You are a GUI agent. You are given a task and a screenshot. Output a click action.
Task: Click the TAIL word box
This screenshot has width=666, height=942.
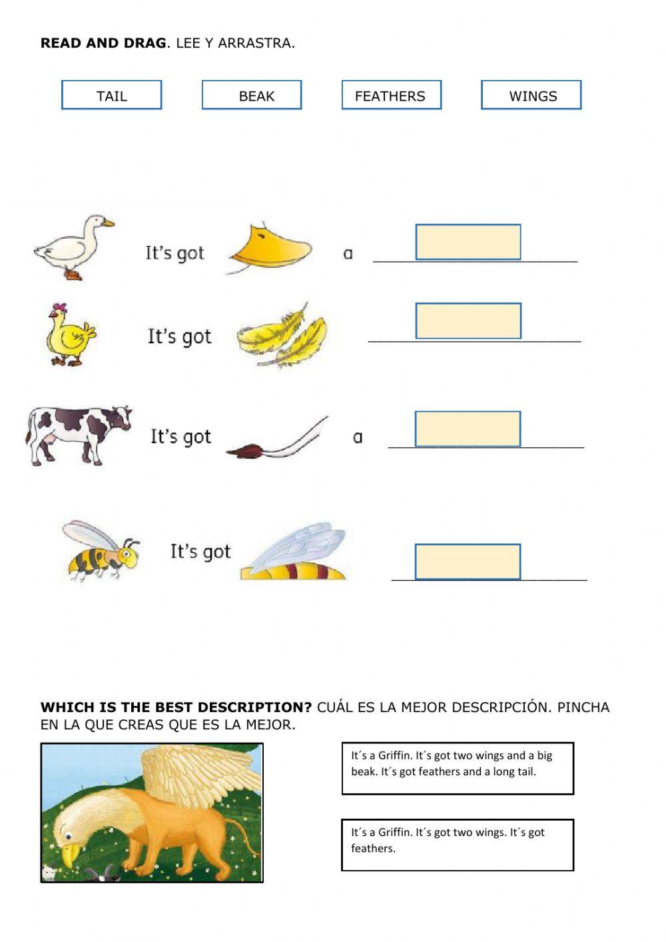tap(112, 95)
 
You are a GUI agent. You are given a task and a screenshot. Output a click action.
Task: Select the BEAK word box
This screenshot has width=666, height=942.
tap(252, 95)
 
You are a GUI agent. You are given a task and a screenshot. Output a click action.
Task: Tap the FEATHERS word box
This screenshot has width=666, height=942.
tap(391, 95)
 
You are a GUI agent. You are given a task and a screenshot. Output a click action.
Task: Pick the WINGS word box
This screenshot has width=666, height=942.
tap(531, 95)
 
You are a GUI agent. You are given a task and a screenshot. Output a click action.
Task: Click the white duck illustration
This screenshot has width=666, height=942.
tap(74, 247)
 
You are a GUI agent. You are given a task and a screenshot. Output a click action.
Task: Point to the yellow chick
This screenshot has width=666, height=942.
tap(71, 335)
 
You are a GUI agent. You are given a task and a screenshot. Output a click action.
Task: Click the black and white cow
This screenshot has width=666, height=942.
tap(79, 433)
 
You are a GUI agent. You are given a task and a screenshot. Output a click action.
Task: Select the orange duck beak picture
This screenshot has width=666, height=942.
tap(270, 248)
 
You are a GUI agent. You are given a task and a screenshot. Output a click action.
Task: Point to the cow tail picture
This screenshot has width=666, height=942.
tap(276, 440)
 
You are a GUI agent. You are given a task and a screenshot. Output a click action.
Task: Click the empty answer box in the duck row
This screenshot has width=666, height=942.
tap(468, 242)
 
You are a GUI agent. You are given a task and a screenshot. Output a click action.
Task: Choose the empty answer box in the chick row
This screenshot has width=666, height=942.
tap(468, 321)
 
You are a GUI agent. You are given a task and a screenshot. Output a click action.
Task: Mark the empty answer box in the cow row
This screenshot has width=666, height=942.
tap(468, 429)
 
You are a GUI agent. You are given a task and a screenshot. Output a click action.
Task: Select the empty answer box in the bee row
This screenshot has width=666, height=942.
tap(468, 561)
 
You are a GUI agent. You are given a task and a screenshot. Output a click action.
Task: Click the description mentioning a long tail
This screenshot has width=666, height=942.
tap(457, 768)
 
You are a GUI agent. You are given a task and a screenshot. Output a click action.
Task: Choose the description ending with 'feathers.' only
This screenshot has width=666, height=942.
tap(457, 845)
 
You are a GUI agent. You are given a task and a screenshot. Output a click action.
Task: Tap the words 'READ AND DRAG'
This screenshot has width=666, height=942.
tap(103, 43)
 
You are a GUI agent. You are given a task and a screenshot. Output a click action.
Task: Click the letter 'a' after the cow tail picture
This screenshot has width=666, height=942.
tap(358, 437)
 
